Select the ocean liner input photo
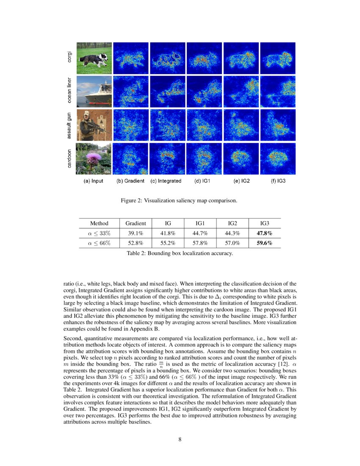coord(94,91)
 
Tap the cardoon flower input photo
coord(94,158)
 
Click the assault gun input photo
coord(94,125)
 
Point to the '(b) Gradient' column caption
coord(130,181)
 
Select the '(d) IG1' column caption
coord(204,181)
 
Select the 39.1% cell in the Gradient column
coord(136,233)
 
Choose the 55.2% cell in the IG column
coord(168,243)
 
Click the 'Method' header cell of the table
coord(99,223)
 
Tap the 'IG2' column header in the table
coord(232,223)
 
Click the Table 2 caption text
coord(180,253)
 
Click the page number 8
coord(180,439)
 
